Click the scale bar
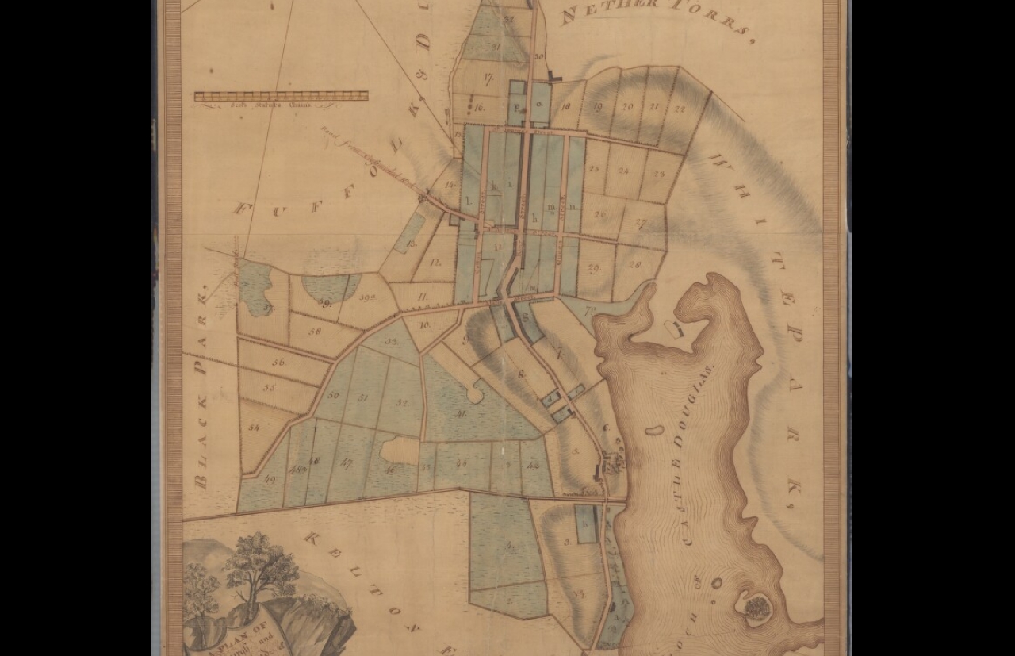click(x=281, y=96)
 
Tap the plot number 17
click(x=487, y=79)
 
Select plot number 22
click(x=680, y=109)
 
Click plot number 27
click(x=641, y=224)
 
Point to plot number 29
click(x=593, y=268)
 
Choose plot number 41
click(x=461, y=412)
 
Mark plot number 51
click(x=363, y=397)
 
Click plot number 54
click(x=254, y=428)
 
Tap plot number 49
click(x=270, y=479)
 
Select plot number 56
click(x=278, y=362)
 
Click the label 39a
click(x=367, y=298)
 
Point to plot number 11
click(x=423, y=297)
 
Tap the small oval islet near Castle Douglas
click(x=654, y=431)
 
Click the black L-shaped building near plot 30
click(x=554, y=77)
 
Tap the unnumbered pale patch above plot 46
click(x=399, y=450)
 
